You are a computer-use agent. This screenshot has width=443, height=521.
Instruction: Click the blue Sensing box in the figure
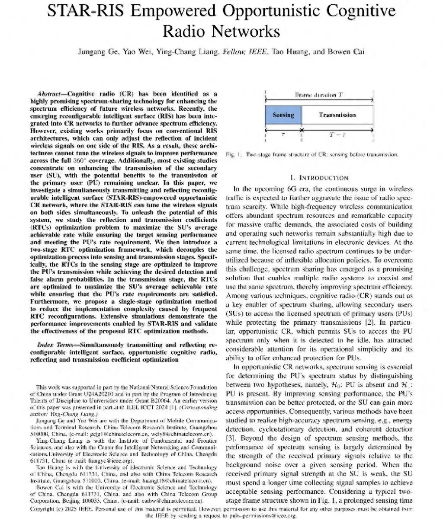tap(283, 115)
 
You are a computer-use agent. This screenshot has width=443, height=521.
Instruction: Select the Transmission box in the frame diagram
tap(337, 115)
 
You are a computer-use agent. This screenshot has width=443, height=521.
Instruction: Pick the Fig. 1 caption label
tap(232, 154)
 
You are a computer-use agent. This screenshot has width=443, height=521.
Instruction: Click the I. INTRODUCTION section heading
tap(319, 178)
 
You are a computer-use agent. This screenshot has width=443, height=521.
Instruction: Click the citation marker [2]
tap(348, 323)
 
